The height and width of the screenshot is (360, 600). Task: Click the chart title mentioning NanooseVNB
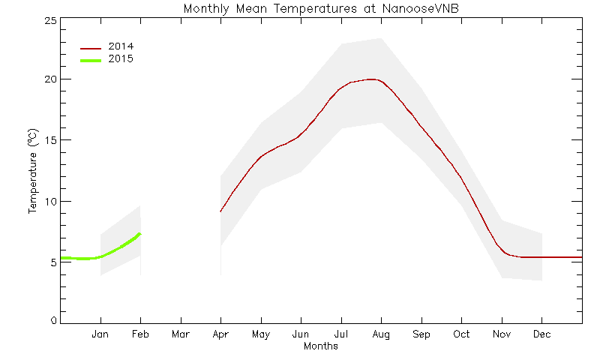tap(321, 8)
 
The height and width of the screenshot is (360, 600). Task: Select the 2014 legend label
tap(121, 46)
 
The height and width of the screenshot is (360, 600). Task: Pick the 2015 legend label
tap(121, 59)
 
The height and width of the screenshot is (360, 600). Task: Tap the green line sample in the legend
tap(91, 61)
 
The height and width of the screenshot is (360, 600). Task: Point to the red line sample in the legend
tap(91, 49)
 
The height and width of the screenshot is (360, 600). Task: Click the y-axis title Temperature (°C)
tap(33, 171)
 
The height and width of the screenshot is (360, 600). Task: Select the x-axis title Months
tap(321, 346)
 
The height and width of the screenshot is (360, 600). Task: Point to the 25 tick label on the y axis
tap(50, 21)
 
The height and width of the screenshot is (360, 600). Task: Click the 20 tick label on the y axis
tap(50, 79)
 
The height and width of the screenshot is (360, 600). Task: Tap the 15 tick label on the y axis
tap(50, 140)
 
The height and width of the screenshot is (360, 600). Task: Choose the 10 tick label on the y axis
tap(50, 202)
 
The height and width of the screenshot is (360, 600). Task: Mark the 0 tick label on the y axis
tap(53, 320)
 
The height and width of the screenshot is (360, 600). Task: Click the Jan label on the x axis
tap(100, 334)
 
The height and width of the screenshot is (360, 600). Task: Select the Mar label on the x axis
tap(181, 334)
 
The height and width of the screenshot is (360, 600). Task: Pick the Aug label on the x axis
tap(381, 334)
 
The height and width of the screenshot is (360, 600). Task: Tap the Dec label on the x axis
tap(541, 334)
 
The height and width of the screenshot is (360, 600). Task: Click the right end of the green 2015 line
tap(141, 233)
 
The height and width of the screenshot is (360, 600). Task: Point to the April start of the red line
tap(220, 211)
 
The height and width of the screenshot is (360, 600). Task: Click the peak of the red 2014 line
tap(371, 79)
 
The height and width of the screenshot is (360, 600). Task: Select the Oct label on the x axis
tap(461, 334)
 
